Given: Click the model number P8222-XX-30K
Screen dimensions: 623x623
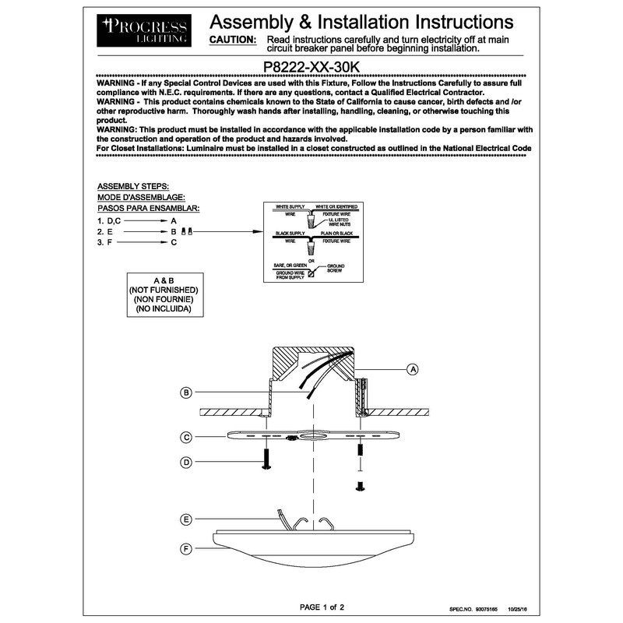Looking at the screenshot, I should (311, 68).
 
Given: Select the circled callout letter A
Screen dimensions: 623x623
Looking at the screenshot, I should (414, 368).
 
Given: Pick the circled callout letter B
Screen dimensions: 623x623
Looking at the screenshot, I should (186, 393).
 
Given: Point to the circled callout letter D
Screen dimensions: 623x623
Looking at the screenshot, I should (186, 463).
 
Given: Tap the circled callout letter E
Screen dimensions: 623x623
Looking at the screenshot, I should (186, 519).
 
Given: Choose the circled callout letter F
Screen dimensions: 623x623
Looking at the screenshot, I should (186, 550).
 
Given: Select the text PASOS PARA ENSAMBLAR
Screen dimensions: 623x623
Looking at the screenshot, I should (148, 209).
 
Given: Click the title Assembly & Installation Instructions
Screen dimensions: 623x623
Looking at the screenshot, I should (362, 21).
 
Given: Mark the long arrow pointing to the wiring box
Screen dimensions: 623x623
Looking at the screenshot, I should (226, 232).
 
